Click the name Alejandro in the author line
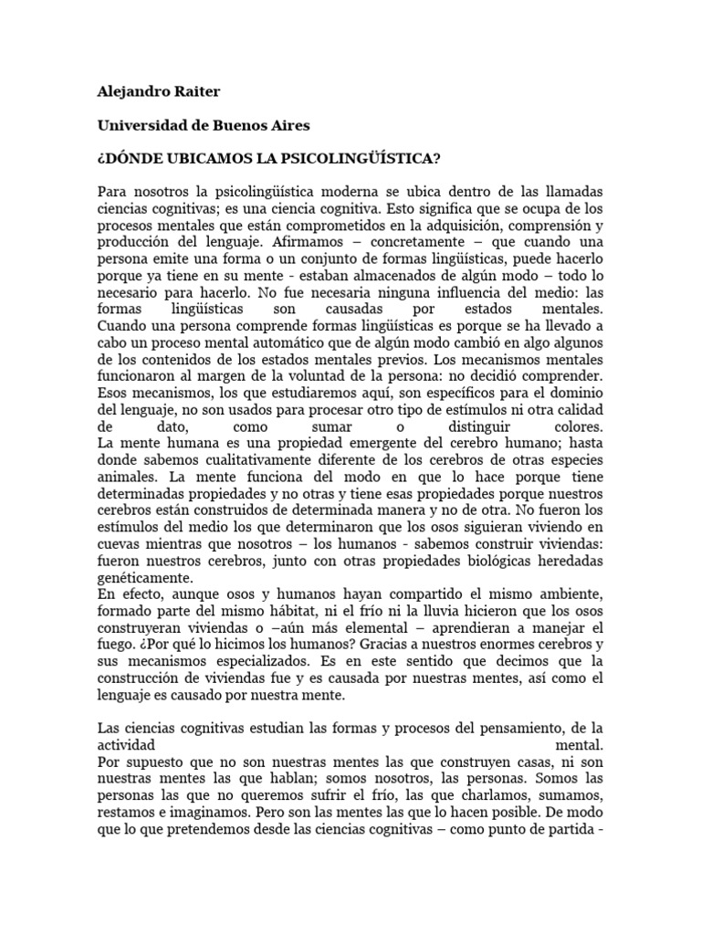[134, 92]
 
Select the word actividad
[126, 744]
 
